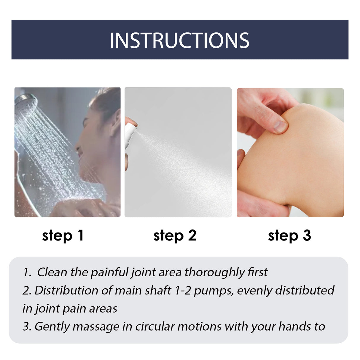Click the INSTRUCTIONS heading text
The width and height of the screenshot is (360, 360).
coord(179,40)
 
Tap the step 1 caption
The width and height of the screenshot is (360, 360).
coord(63,235)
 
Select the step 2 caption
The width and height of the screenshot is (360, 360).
coord(175,235)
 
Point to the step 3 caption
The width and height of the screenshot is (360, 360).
coord(289,235)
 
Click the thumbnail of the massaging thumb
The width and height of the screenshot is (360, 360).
coord(280,126)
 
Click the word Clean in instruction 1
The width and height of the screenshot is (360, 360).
coord(52,272)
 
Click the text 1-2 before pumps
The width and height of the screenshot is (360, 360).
coord(183,290)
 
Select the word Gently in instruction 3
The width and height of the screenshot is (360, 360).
coord(52,327)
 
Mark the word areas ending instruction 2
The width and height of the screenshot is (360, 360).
coord(103,309)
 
